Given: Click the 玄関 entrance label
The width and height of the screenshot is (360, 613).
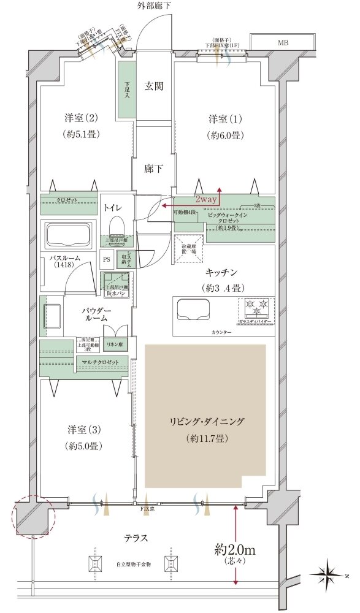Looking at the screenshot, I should click(154, 86).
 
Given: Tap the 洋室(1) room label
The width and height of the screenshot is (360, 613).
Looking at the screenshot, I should click(221, 118).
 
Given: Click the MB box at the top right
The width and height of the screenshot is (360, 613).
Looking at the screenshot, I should click(283, 43).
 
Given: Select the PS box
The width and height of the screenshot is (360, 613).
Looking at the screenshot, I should click(107, 259).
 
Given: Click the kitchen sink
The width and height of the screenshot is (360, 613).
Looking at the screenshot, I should click(193, 310).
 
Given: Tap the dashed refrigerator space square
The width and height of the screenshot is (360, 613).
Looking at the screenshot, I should click(188, 249).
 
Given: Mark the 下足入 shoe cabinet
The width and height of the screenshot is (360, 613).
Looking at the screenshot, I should click(127, 90).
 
